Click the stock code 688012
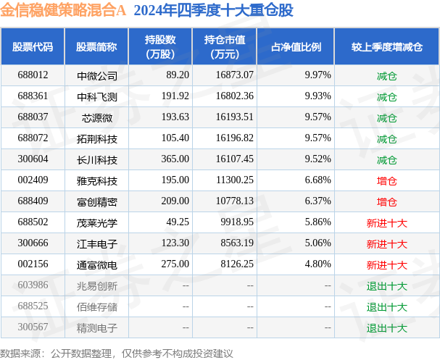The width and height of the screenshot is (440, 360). pos(33,75)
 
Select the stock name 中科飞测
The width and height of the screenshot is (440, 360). pos(96,96)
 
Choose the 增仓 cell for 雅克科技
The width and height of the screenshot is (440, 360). pos(386,180)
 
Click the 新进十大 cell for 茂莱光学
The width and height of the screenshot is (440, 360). pos(386,223)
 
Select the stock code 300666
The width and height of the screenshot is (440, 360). pos(33,244)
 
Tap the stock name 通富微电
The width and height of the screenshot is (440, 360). pos(96,265)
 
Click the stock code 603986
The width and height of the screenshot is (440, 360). pos(33,286)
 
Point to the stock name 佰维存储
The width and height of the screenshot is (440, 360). pos(96,307)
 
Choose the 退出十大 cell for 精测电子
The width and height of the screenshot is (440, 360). pos(386,328)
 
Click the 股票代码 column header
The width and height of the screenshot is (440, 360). pos(33,47)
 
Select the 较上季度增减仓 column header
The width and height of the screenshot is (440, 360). pos(386,47)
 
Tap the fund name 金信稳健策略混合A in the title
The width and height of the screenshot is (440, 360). pos(64,11)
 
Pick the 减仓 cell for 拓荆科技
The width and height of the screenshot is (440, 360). pos(386,138)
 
